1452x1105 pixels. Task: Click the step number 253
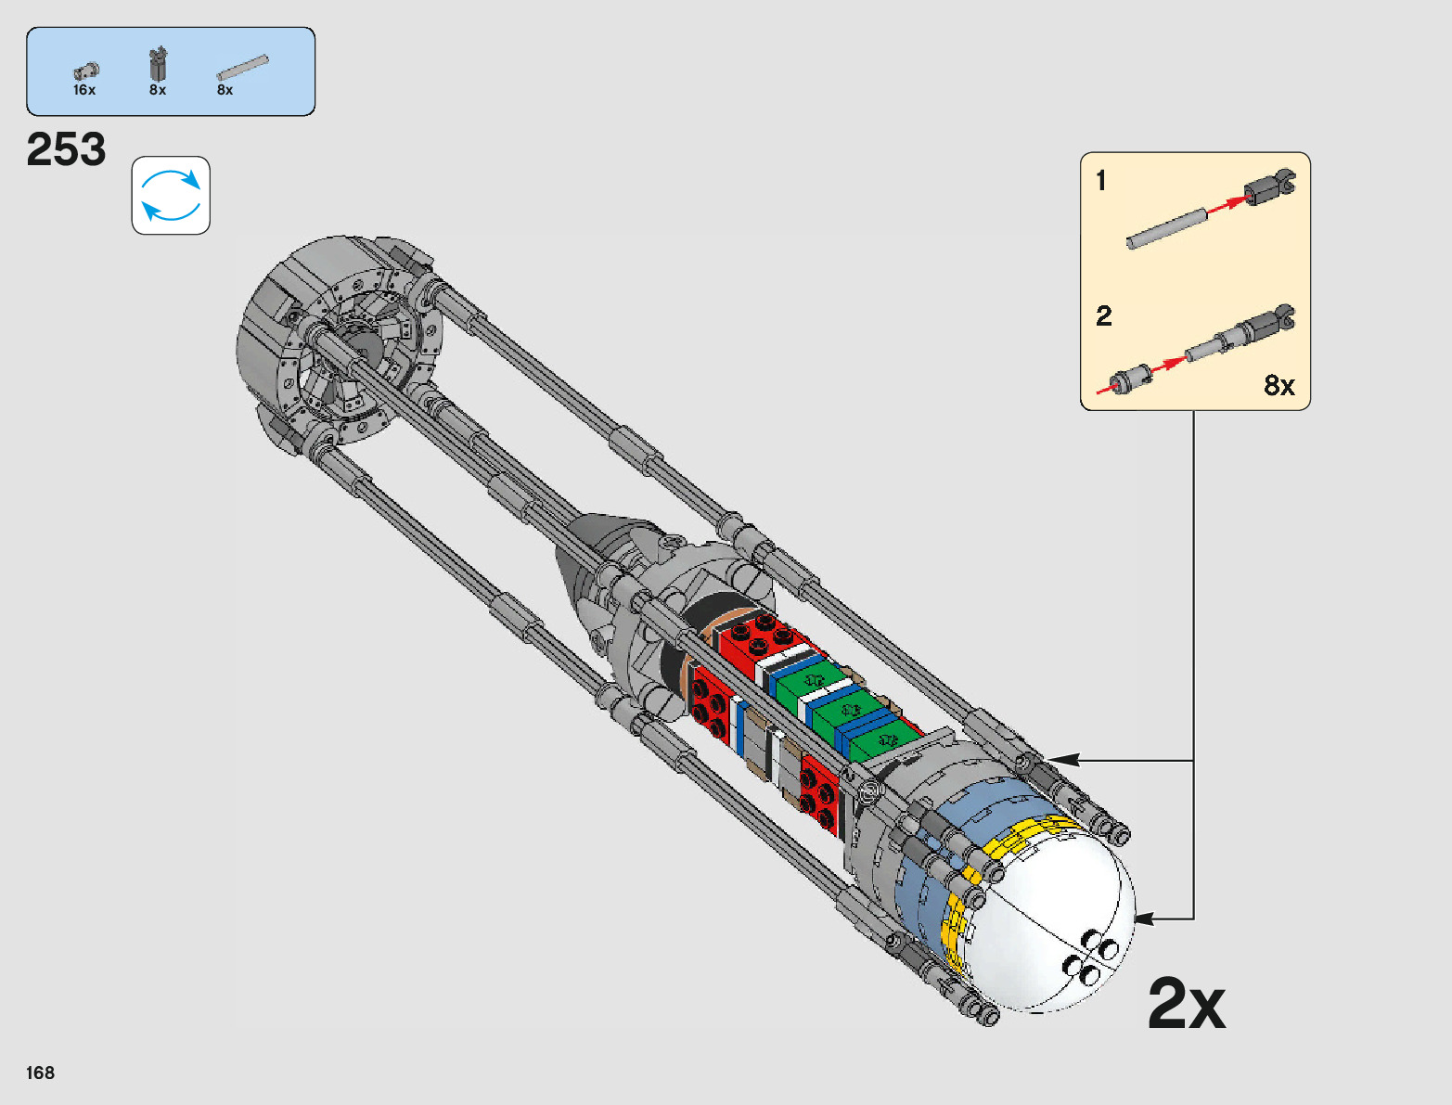click(x=66, y=149)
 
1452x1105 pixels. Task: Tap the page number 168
click(x=40, y=1073)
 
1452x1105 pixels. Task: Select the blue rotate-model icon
click(x=171, y=195)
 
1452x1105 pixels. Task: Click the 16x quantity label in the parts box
click(x=84, y=90)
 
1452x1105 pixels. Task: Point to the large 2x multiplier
click(x=1187, y=1003)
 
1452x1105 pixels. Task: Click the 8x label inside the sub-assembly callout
click(x=1279, y=385)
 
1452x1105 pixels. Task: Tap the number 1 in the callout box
click(x=1101, y=181)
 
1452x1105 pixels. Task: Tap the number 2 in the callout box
click(x=1103, y=316)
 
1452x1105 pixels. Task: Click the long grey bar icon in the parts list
click(x=243, y=68)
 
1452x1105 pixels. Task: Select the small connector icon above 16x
click(x=86, y=71)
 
